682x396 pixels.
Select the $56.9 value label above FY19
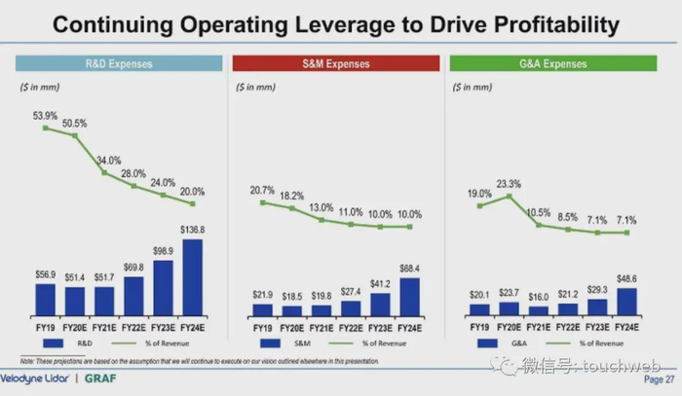click(x=46, y=274)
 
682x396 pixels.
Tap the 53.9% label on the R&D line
click(x=46, y=116)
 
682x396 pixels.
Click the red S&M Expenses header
click(x=335, y=64)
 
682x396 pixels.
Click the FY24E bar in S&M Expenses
click(x=411, y=297)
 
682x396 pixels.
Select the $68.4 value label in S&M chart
click(x=411, y=269)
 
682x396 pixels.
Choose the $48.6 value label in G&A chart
click(x=628, y=278)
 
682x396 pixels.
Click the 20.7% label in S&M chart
click(x=262, y=190)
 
